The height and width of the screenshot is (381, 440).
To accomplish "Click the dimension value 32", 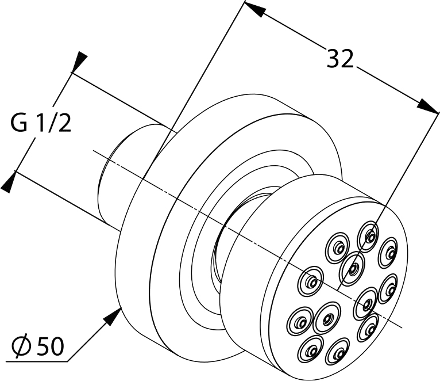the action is pos(340,59).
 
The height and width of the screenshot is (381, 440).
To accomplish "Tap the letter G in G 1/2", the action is pos(19,123).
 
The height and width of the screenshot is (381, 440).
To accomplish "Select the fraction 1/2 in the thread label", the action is pos(54,123).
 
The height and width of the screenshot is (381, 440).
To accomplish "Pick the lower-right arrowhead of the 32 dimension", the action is pos(428,106).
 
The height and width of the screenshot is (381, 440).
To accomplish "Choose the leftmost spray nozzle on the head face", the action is pos(310,281).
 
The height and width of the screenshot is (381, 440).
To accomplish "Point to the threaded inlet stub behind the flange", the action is pos(132,174).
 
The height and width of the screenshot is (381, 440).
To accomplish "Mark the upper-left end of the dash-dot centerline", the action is pos(93,151).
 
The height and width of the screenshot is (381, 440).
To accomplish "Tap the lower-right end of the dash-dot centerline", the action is pos(402,327).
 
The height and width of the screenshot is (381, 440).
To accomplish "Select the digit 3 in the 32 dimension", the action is pos(333,59).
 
